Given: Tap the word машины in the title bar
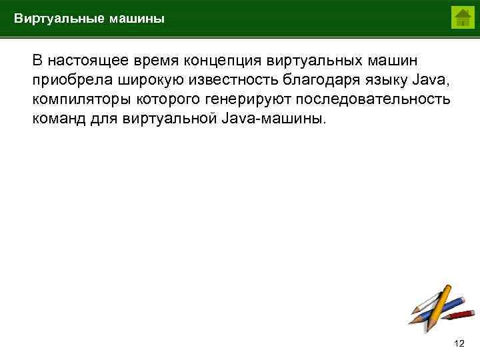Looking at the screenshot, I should coord(133,19).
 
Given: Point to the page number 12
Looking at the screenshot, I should coord(459,343).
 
